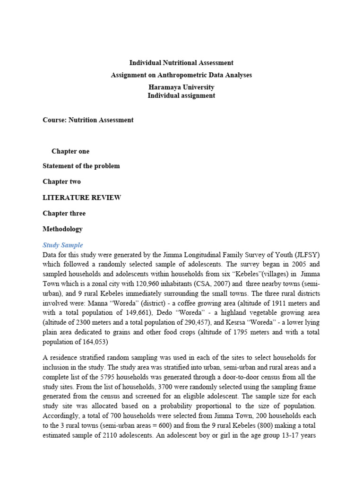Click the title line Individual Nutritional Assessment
(x=181, y=62)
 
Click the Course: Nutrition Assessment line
(x=88, y=120)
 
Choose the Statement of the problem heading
(x=81, y=166)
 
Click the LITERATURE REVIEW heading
(x=82, y=198)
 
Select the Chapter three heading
(x=64, y=213)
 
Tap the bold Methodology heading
(x=62, y=229)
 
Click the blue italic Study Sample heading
(x=62, y=245)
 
